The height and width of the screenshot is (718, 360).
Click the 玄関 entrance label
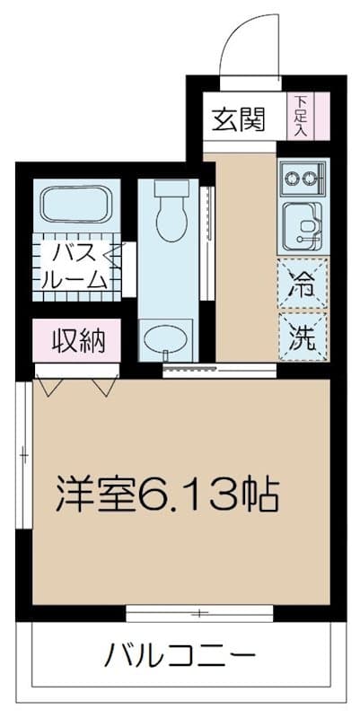[x=238, y=118]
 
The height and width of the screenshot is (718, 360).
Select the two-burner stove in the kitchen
[x=303, y=178]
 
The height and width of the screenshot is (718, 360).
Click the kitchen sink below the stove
[x=303, y=224]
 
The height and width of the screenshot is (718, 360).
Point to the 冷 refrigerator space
[x=302, y=284]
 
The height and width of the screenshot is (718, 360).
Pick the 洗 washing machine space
[x=302, y=337]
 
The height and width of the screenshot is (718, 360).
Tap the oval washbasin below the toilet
[x=169, y=338]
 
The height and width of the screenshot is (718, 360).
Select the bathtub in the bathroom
[x=76, y=205]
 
